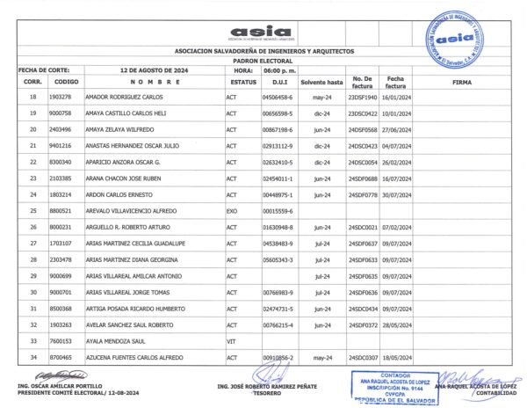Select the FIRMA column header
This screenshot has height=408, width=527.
click(x=461, y=81)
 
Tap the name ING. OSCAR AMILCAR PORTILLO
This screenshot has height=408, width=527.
click(x=60, y=386)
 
